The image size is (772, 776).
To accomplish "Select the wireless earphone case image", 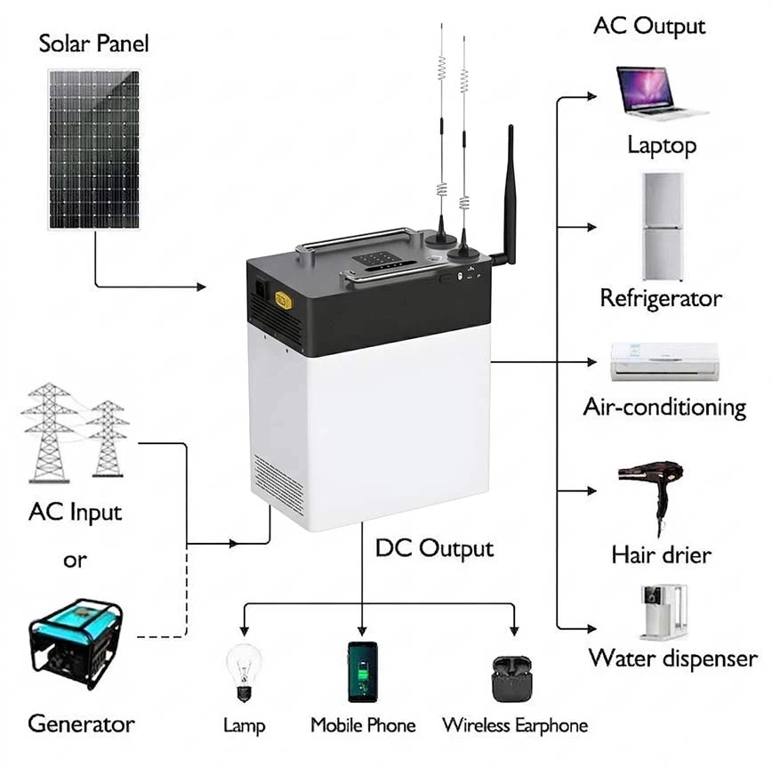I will tap(511, 679).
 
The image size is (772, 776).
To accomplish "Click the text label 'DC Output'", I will tap(434, 548).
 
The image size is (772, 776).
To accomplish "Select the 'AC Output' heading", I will tap(649, 26).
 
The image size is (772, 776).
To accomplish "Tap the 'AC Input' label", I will tap(75, 513).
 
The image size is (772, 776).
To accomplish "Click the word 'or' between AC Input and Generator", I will tap(75, 560).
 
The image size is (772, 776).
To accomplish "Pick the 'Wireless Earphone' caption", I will tap(515, 725).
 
